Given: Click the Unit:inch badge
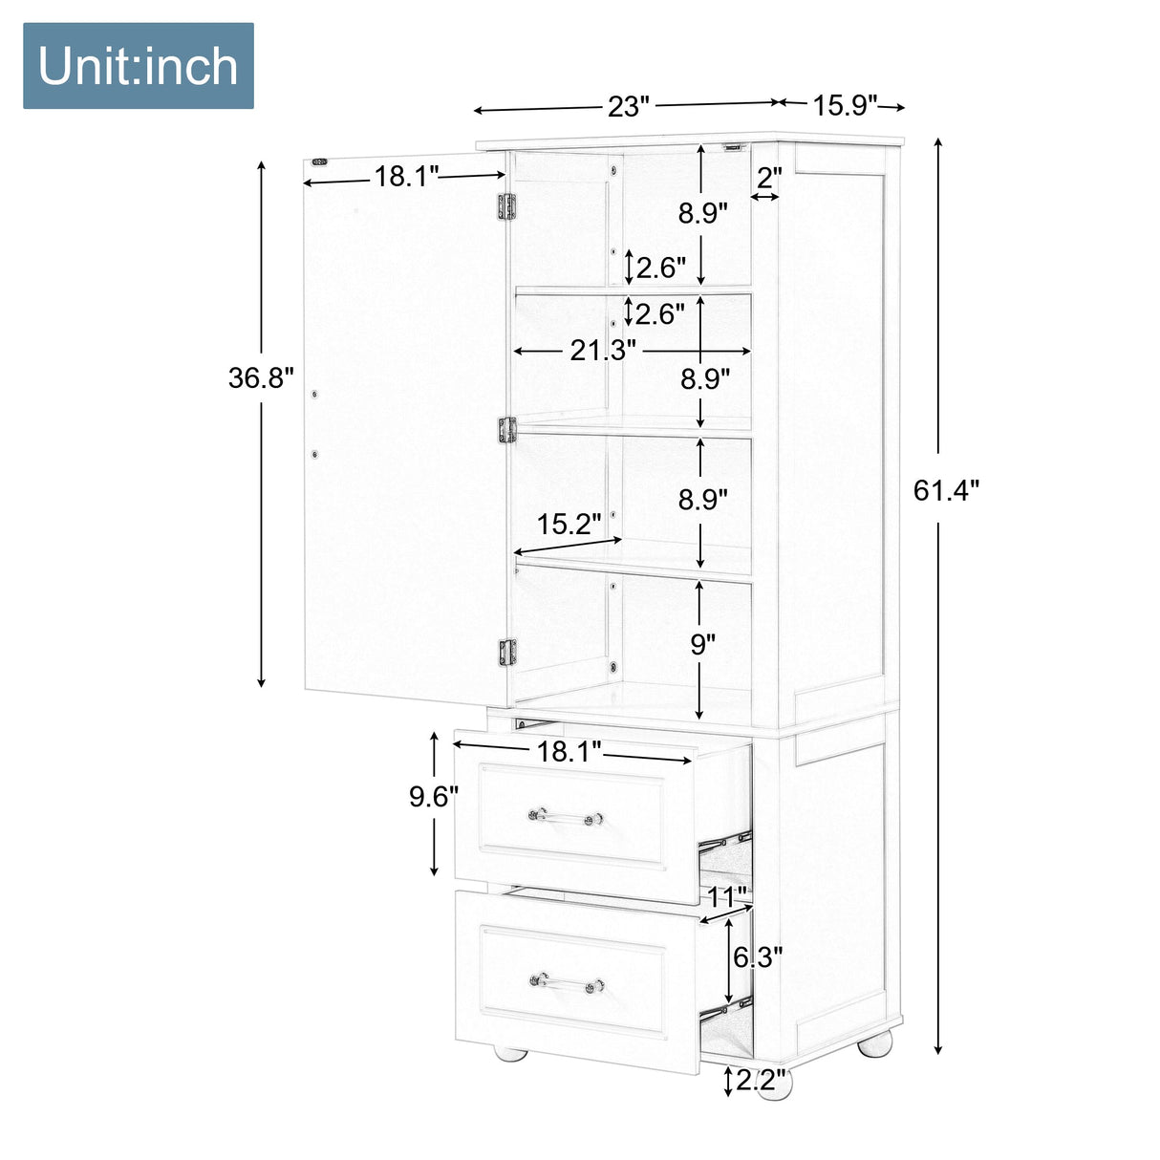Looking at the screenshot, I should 139,66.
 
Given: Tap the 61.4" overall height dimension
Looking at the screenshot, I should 946,490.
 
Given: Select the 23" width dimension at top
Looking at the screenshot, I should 628,106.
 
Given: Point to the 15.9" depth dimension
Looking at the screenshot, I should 845,104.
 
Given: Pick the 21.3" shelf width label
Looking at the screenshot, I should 603,351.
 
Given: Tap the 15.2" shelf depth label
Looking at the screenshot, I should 569,524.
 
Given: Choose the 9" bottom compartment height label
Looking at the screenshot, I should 703,644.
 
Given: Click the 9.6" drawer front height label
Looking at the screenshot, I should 434,796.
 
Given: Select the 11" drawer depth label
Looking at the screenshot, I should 727,897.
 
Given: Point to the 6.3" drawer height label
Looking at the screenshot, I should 758,956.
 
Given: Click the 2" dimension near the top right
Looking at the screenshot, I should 769,177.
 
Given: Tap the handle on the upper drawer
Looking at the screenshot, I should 566,817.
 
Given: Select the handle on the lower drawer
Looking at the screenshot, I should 567,983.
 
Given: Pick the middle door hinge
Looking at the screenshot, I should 506,430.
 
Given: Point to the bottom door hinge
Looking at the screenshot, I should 506,652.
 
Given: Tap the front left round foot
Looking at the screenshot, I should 509,1052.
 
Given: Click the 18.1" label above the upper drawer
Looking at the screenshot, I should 569,751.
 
